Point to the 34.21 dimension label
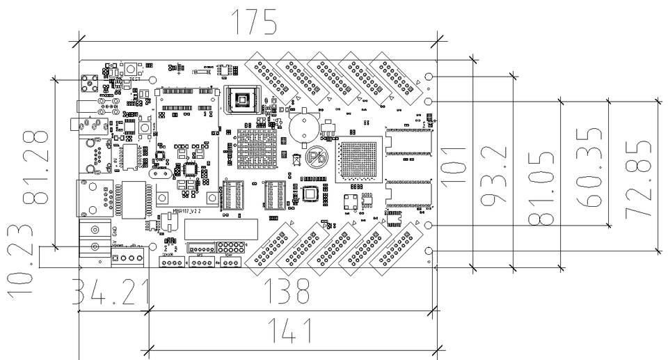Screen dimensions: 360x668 pos(112,292)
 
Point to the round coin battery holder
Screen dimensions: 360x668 pos(304,127)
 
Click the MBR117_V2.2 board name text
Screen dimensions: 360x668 pos(188,208)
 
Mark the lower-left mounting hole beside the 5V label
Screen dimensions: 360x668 pos(153,247)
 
